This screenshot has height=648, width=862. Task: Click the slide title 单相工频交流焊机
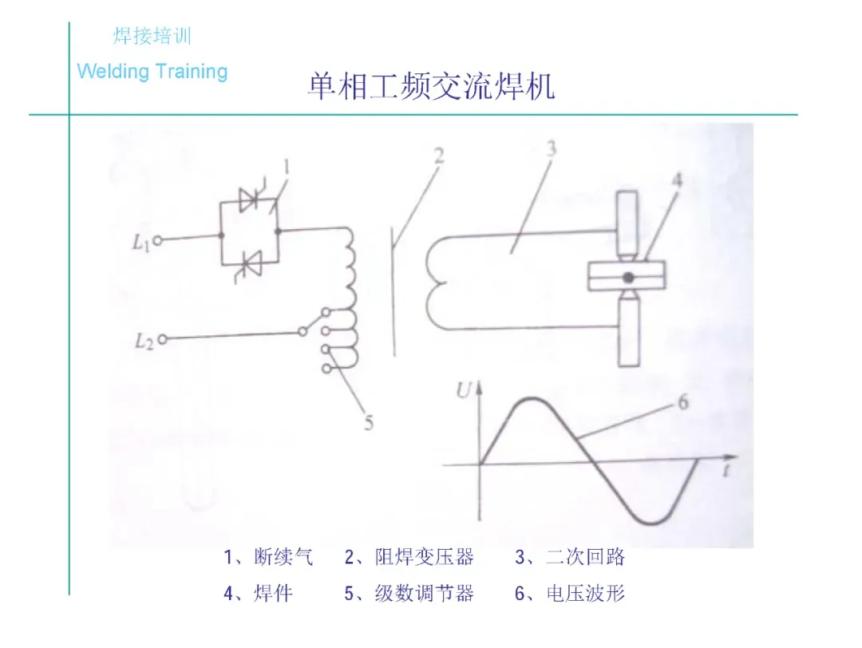pyautogui.click(x=431, y=87)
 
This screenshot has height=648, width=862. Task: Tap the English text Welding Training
pyautogui.click(x=152, y=72)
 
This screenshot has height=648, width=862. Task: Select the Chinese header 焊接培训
pyautogui.click(x=152, y=36)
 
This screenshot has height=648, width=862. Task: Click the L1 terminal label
pyautogui.click(x=140, y=242)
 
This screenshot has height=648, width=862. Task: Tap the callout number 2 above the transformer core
pyautogui.click(x=438, y=155)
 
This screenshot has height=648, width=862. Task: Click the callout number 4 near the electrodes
pyautogui.click(x=676, y=181)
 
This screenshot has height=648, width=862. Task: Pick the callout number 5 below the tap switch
pyautogui.click(x=368, y=424)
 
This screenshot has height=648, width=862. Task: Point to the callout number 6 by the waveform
pyautogui.click(x=683, y=402)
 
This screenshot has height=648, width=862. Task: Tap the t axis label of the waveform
pyautogui.click(x=728, y=470)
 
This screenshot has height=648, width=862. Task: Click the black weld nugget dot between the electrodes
pyautogui.click(x=629, y=277)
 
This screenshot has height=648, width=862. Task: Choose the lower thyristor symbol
pyautogui.click(x=248, y=260)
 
